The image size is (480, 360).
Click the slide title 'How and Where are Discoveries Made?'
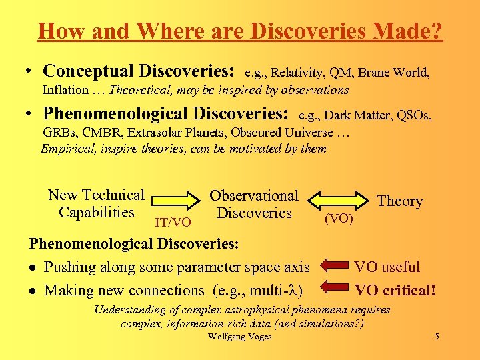point(240,31)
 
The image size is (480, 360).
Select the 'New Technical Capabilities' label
point(96,204)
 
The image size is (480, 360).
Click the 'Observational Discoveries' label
point(254,205)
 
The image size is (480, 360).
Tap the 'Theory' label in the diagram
point(400,201)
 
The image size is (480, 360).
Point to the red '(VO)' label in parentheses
point(339,219)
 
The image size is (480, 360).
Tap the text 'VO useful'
point(387,267)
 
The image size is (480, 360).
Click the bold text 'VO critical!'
point(395,290)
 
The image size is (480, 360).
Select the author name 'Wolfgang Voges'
point(240,337)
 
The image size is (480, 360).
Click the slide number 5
point(437,337)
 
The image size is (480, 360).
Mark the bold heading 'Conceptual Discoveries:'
point(139,71)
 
